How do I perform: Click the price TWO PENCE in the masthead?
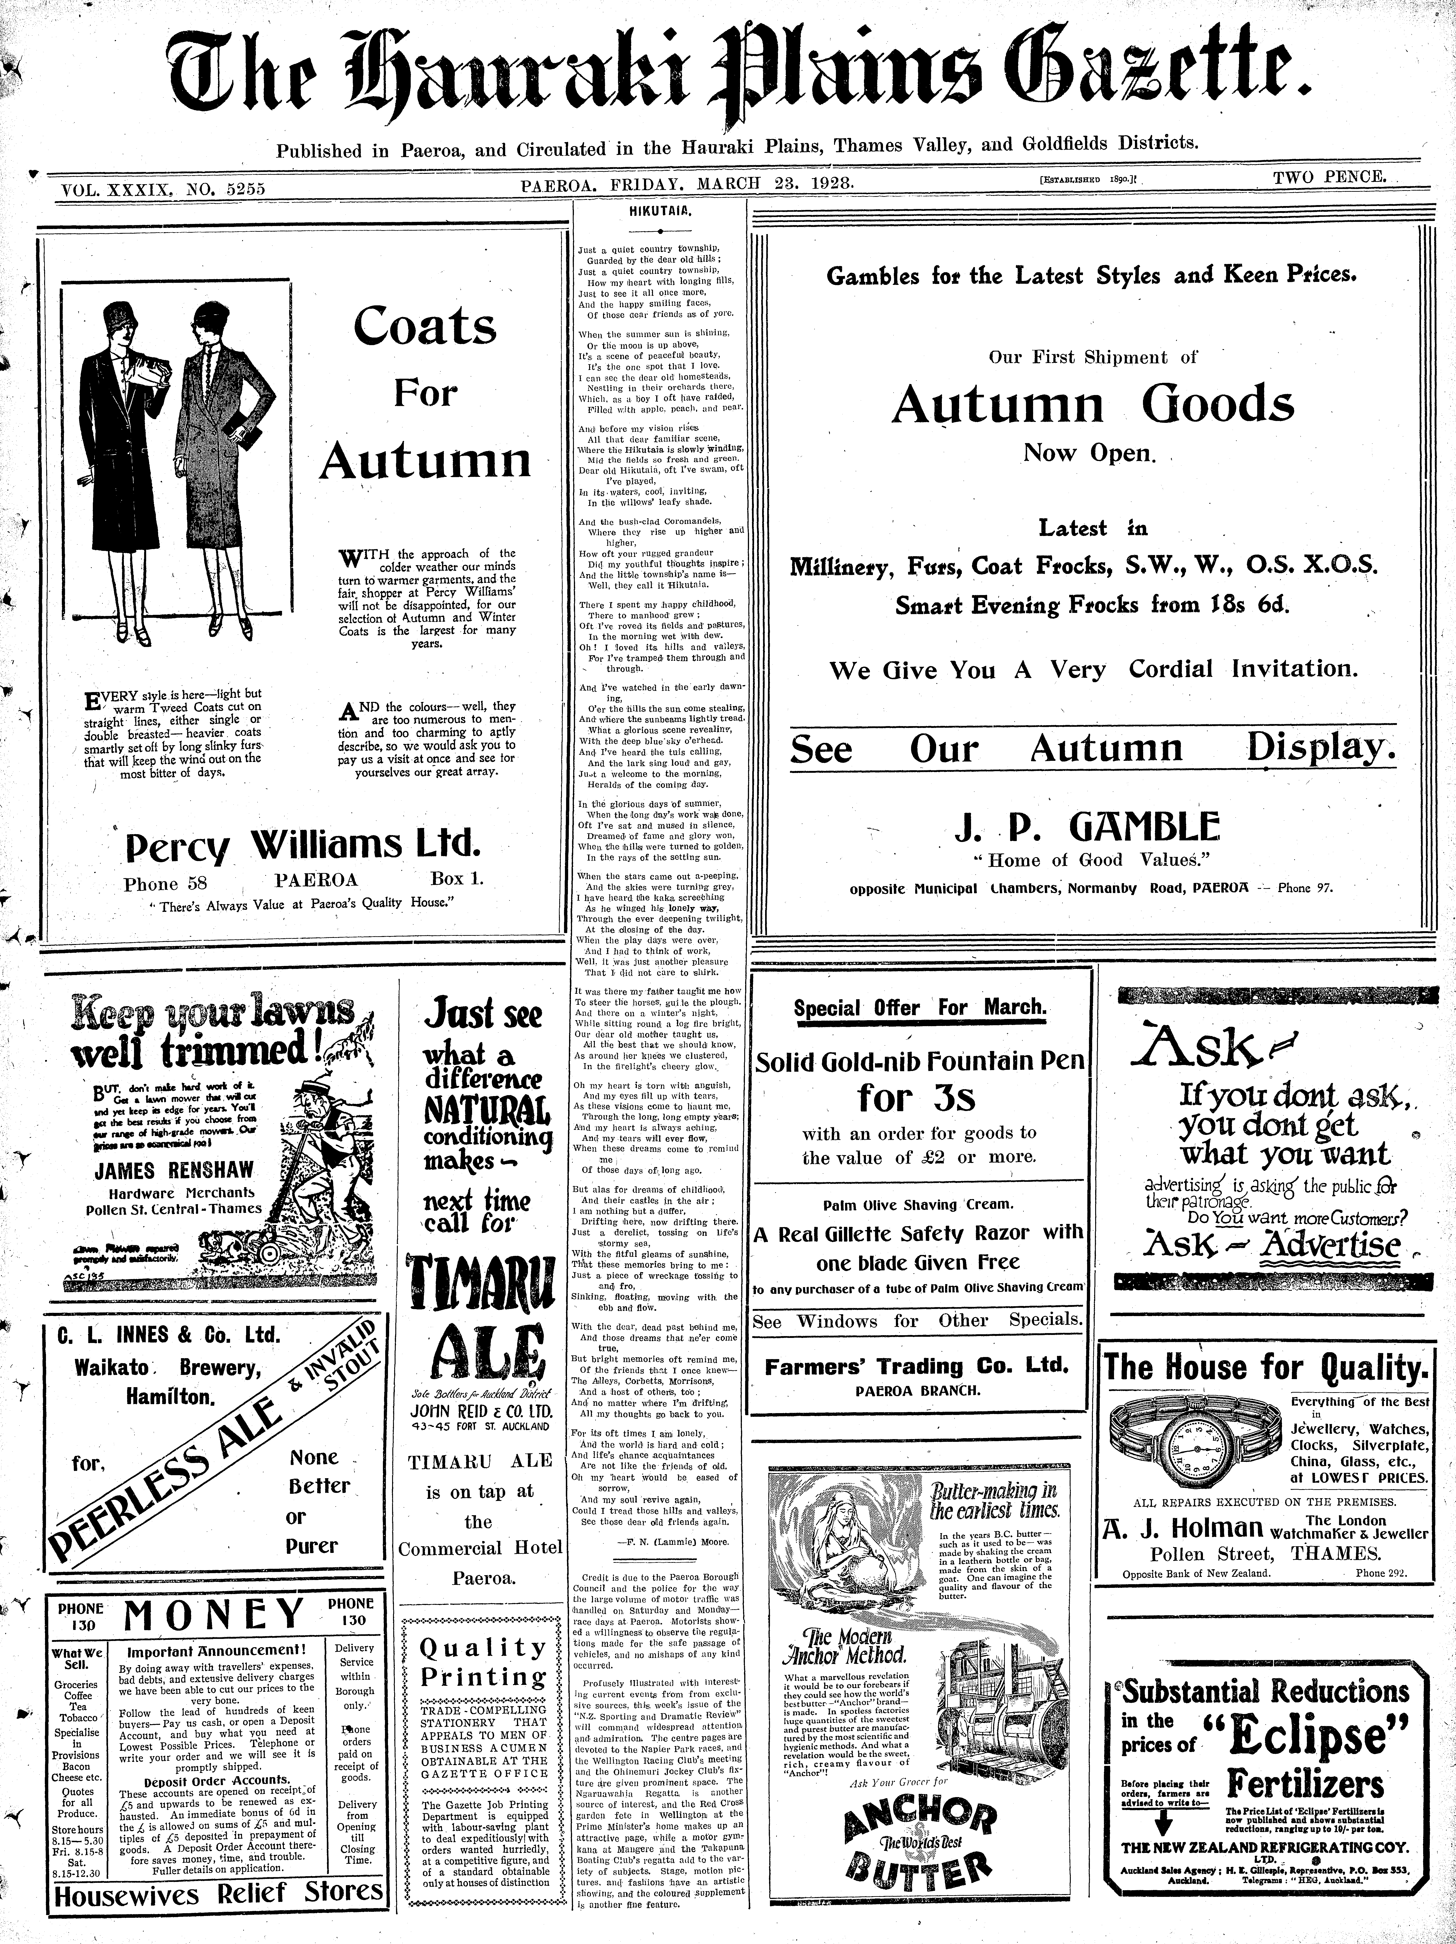coord(1329,177)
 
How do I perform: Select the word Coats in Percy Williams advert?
coord(425,327)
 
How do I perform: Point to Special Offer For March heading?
coord(919,1007)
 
